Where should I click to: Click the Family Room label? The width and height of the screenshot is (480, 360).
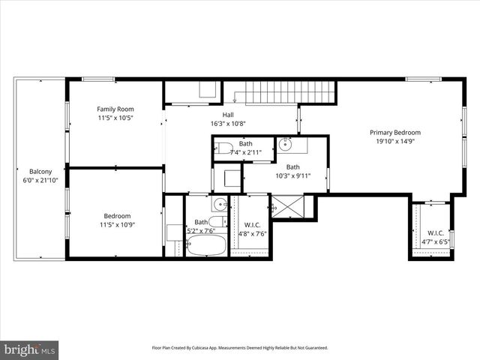(x=115, y=109)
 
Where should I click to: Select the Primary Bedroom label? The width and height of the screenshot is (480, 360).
(x=394, y=132)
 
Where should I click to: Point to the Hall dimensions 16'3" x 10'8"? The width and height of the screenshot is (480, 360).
(x=228, y=124)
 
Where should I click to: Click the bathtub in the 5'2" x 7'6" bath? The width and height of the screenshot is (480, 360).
(x=205, y=244)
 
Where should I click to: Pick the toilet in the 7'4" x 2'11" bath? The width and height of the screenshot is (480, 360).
(x=224, y=148)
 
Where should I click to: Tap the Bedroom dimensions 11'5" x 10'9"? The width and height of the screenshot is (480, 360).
(x=115, y=225)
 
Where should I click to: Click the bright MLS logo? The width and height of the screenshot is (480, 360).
(x=30, y=349)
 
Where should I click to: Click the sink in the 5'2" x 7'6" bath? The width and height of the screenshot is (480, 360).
(x=219, y=204)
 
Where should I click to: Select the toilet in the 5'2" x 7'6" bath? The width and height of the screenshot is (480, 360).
(x=216, y=221)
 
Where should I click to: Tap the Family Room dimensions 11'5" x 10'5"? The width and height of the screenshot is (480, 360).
(x=115, y=118)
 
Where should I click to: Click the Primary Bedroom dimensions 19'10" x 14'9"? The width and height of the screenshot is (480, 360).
(x=394, y=141)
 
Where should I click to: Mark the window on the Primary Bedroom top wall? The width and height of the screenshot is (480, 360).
(x=423, y=79)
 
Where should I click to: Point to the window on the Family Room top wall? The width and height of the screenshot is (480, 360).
(x=97, y=79)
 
